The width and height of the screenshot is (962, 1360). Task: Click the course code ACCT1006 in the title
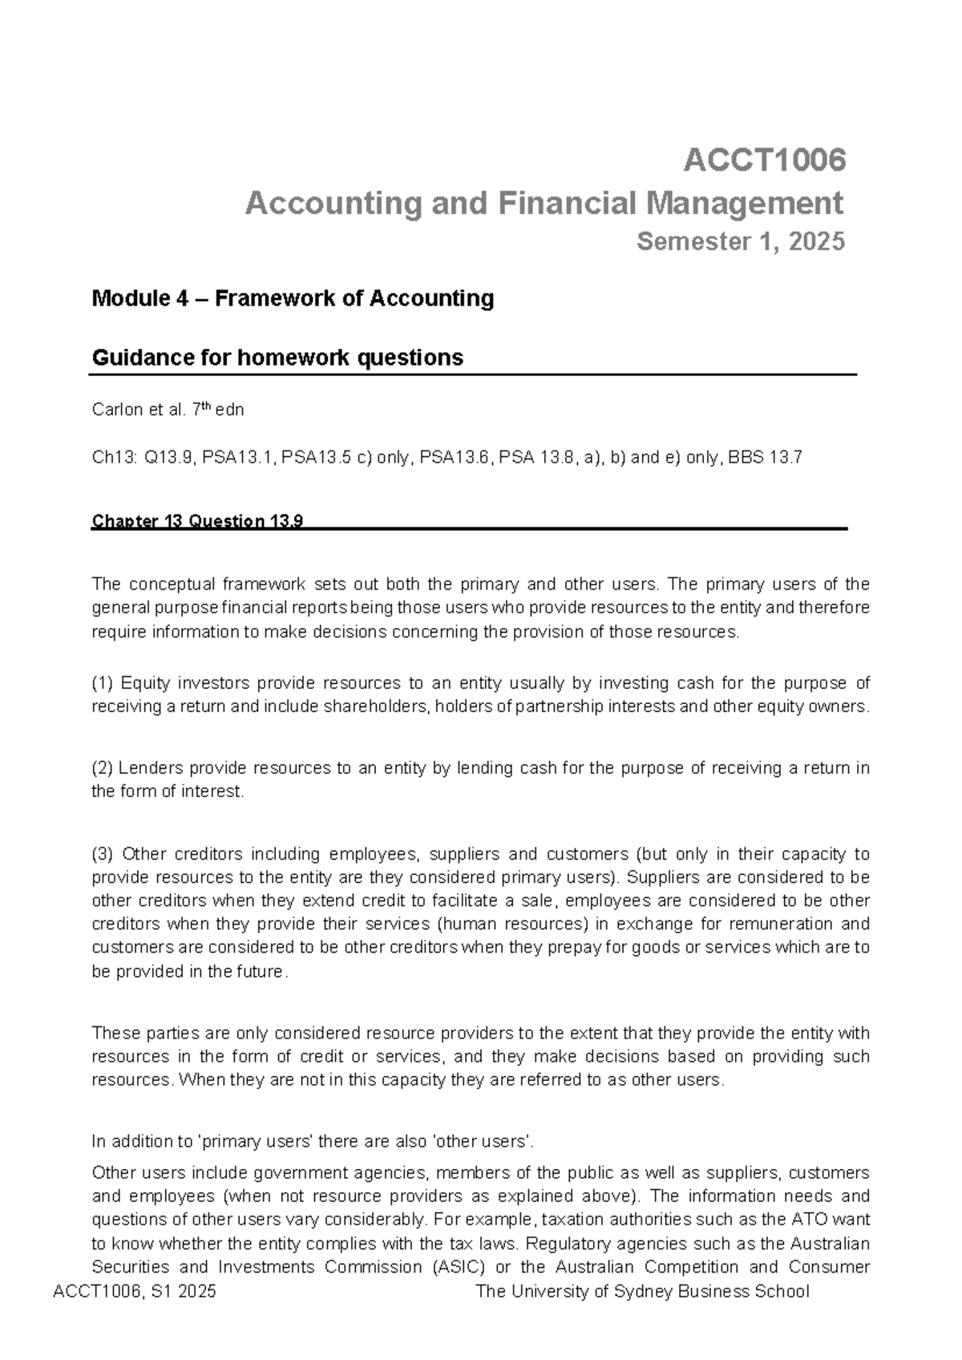point(764,160)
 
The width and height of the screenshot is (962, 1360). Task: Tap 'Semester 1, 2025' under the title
point(740,241)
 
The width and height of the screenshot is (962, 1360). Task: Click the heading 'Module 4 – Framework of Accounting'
point(293,298)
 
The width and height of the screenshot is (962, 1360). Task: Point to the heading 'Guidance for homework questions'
point(277,357)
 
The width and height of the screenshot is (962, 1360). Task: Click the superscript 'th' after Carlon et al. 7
point(206,406)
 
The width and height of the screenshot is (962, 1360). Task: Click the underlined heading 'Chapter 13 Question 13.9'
point(197,521)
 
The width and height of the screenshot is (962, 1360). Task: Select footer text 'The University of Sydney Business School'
point(642,1292)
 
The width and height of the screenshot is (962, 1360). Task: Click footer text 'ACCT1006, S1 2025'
point(134,1292)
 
